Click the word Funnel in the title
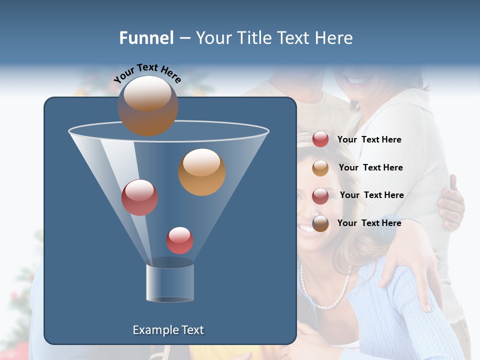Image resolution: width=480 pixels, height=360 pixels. coord(146,38)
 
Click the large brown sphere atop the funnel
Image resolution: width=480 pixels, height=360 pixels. coord(148,105)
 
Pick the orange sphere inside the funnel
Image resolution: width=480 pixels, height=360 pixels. coord(202,172)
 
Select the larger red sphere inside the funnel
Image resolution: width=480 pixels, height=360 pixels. coord(139,197)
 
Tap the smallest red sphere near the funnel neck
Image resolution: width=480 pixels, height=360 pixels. coord(179,240)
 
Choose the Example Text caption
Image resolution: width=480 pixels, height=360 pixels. coord(168,330)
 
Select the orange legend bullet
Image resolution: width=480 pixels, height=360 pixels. coord(320,168)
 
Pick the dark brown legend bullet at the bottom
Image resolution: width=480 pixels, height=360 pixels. coord(320,223)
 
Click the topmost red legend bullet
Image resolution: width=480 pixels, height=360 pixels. coord(320,139)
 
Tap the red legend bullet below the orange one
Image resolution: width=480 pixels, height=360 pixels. coord(320,195)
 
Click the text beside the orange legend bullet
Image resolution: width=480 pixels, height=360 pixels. coord(370,167)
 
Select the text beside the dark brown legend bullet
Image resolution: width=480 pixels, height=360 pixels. coord(369,223)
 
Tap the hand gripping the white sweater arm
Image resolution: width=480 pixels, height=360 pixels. coord(451,202)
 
